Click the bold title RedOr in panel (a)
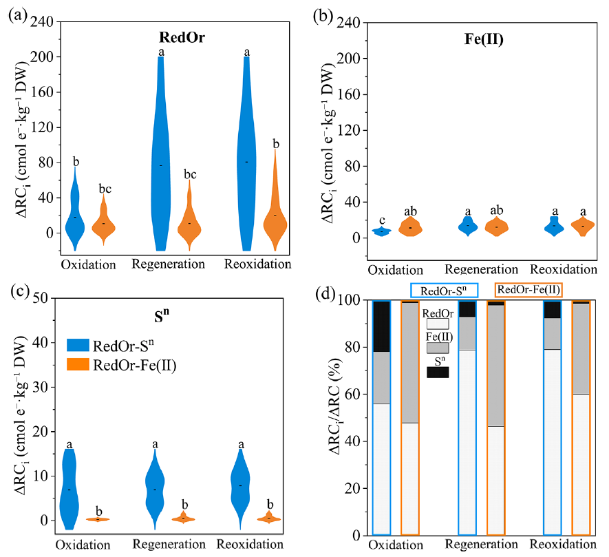182,37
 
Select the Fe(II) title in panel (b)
484,39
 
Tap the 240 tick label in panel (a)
41,22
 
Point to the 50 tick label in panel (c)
40,298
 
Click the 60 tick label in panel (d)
354,394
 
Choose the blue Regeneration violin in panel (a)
160,154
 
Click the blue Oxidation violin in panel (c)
69,489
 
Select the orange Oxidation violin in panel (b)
410,227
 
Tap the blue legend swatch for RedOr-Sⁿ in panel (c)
78,345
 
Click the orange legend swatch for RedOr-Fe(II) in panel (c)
78,364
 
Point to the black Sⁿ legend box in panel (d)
438,372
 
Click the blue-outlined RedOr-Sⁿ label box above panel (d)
444,291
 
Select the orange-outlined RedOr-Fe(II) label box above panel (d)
528,290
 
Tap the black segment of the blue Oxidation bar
381,326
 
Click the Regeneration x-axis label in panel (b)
481,269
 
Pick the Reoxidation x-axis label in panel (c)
250,544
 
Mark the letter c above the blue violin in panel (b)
382,220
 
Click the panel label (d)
325,293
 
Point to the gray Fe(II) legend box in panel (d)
438,348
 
